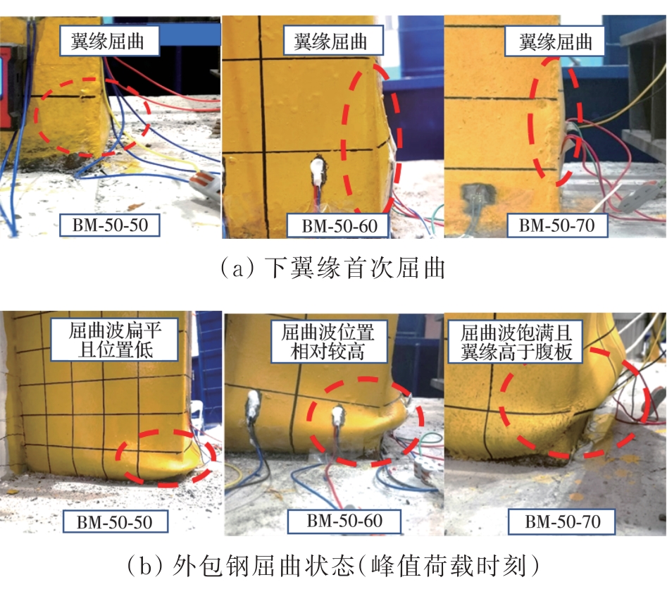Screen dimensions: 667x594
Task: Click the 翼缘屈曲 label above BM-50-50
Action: point(109,41)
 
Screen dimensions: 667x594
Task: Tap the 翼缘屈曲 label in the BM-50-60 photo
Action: point(333,41)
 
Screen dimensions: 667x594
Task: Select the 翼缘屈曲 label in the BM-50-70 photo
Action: point(555,42)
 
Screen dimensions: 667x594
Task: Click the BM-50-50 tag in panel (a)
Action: point(110,225)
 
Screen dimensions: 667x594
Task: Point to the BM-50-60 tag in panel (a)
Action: point(339,225)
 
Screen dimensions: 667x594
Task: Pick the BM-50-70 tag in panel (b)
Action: point(562,521)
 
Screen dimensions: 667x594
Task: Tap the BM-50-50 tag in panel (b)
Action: point(116,521)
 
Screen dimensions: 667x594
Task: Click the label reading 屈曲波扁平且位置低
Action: point(114,340)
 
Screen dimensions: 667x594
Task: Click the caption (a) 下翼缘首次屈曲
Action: point(332,268)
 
